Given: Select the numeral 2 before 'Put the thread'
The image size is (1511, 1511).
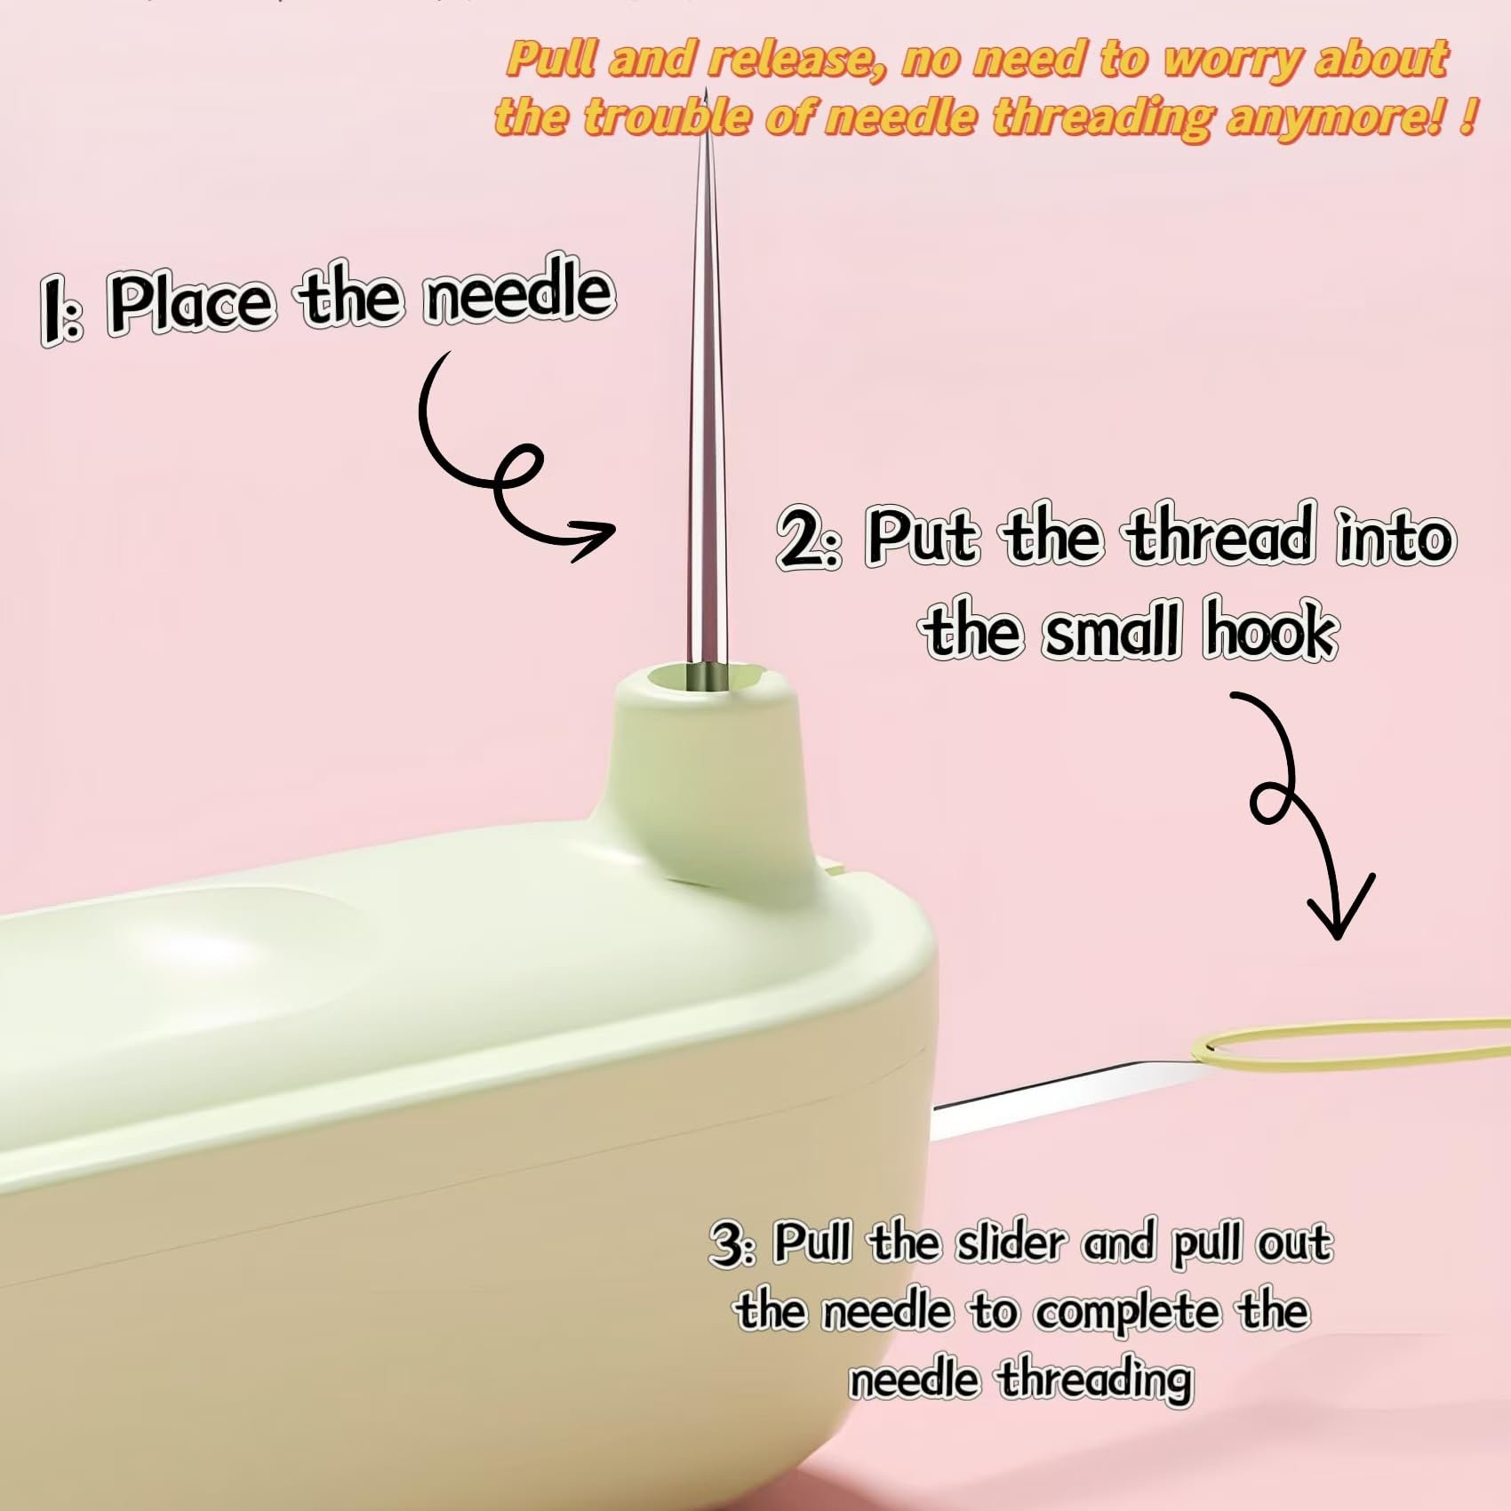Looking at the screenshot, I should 804,540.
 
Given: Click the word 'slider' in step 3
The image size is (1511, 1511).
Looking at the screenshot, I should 1009,1243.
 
